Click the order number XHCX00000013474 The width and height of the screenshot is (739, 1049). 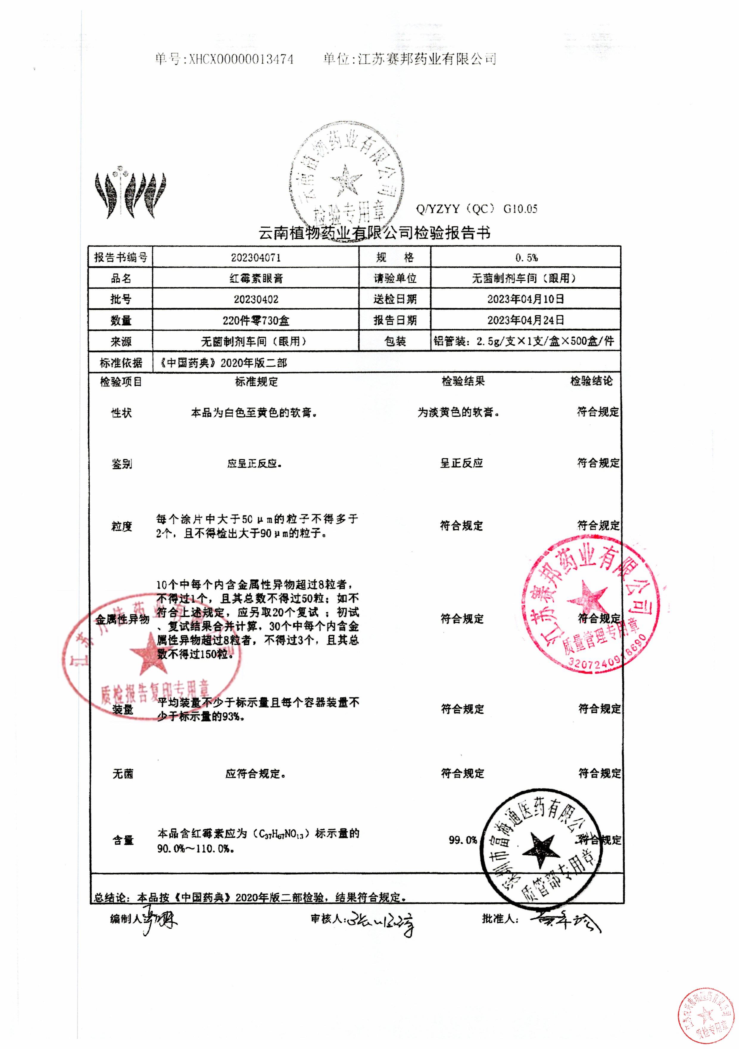(x=241, y=59)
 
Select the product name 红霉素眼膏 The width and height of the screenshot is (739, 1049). (x=256, y=278)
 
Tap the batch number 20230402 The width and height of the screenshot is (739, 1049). (x=256, y=299)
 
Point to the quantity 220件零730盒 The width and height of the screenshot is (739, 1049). (x=256, y=320)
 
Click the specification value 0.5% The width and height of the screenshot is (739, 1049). (x=526, y=258)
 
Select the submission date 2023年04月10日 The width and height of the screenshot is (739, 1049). (x=525, y=299)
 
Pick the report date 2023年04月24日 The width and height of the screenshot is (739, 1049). (x=525, y=320)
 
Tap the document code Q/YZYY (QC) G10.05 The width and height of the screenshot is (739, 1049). (x=476, y=209)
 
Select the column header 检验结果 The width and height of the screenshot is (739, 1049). (x=463, y=381)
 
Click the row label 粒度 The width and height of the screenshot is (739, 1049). (x=121, y=526)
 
